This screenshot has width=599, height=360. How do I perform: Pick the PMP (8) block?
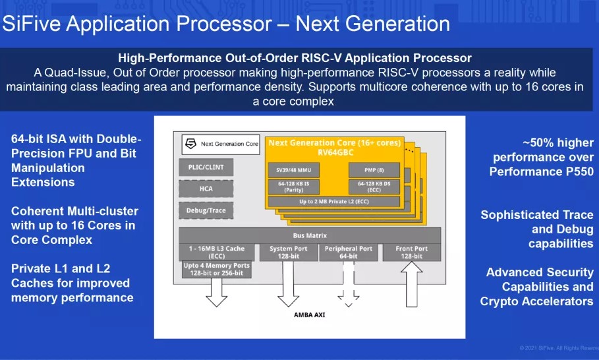click(x=374, y=170)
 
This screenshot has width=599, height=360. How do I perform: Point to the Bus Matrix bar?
click(x=310, y=235)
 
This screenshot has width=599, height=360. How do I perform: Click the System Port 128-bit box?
click(x=288, y=252)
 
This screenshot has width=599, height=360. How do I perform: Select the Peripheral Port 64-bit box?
click(x=349, y=252)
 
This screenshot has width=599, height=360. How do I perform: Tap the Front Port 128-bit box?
click(x=412, y=252)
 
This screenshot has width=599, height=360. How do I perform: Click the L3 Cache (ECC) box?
click(x=216, y=252)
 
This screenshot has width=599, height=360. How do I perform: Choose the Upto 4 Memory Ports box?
click(x=216, y=269)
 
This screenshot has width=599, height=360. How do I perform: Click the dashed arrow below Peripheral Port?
click(x=349, y=284)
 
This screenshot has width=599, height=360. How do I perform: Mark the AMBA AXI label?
click(x=309, y=315)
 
